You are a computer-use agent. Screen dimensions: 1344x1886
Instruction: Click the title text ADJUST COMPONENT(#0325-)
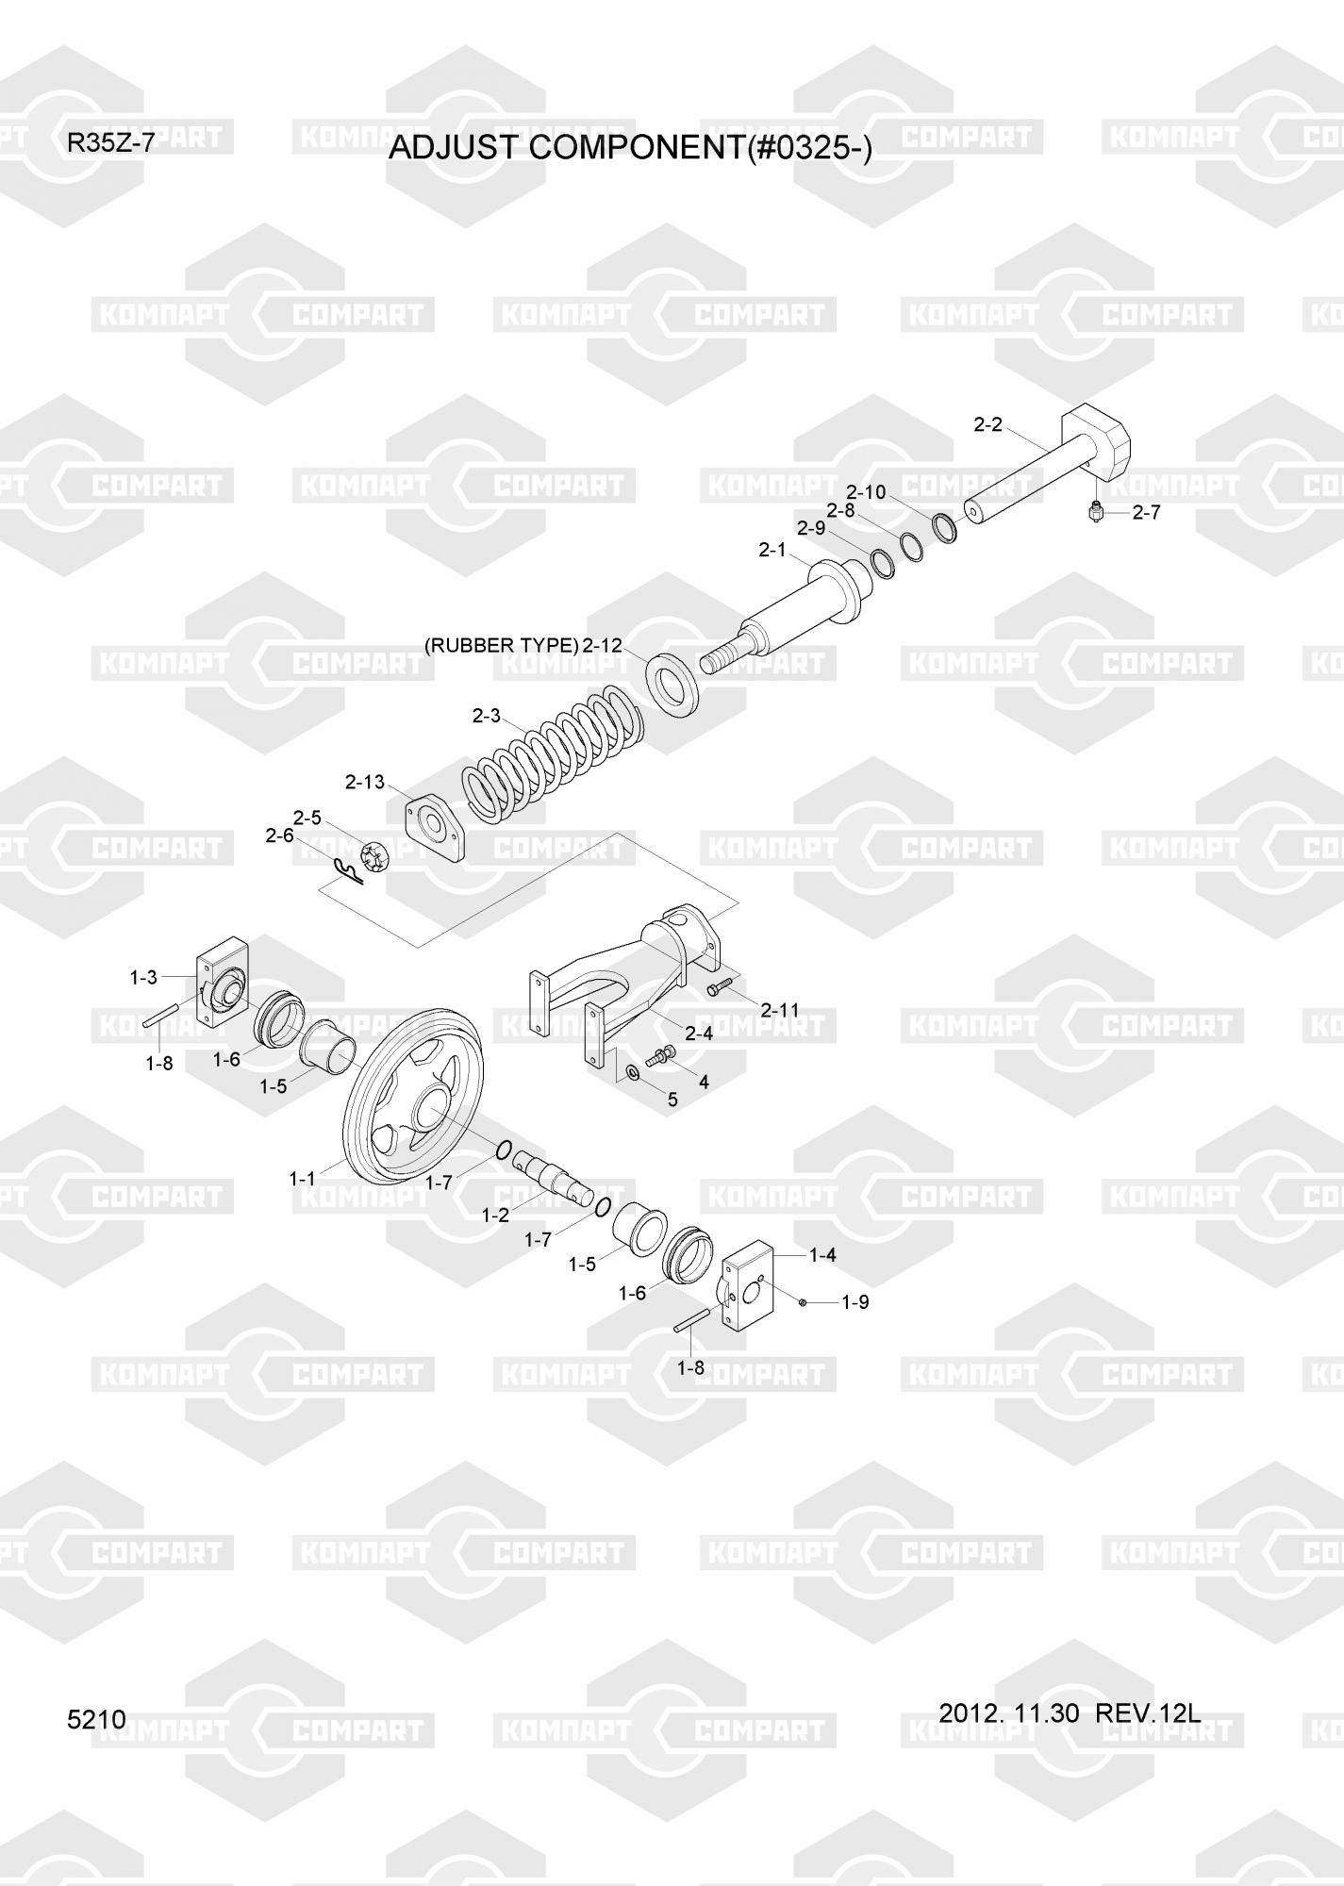pos(630,148)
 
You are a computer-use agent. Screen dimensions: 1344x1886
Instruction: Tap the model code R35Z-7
pos(110,144)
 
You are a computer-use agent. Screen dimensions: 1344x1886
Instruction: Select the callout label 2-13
pos(364,782)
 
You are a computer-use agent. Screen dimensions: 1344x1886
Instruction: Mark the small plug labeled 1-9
pos(802,1302)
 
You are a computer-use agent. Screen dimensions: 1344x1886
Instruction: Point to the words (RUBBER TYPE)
pos(501,646)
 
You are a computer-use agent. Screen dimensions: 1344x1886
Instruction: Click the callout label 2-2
pos(987,425)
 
